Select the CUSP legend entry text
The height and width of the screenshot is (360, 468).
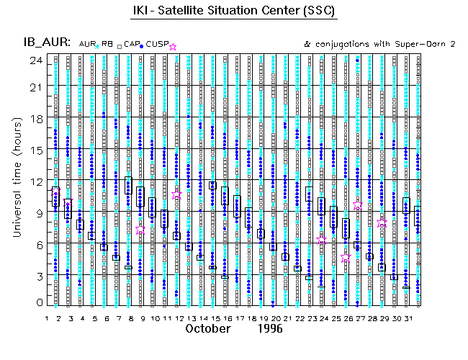coord(156,45)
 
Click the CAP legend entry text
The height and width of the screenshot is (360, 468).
coord(131,45)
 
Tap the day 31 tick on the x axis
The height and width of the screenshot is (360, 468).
coord(407,318)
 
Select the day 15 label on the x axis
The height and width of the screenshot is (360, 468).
coord(215,318)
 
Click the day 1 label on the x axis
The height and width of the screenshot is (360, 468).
coord(47,318)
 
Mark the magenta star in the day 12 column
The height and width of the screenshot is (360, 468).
coord(177,194)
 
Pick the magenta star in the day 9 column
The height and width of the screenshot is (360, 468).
coord(140,230)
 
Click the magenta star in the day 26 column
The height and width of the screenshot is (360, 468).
coord(346,256)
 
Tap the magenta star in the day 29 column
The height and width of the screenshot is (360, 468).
coord(382,223)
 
